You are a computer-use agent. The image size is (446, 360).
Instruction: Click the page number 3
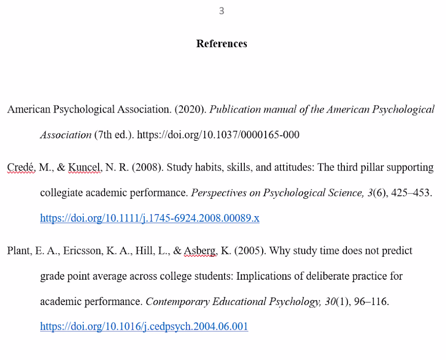(x=222, y=11)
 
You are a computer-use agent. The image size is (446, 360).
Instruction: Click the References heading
(x=222, y=44)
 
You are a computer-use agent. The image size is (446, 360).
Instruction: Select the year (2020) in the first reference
(x=190, y=110)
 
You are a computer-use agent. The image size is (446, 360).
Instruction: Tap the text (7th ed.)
(x=112, y=135)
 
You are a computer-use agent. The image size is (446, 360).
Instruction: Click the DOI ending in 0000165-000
(x=218, y=135)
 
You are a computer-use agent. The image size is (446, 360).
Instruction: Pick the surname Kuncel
(x=84, y=168)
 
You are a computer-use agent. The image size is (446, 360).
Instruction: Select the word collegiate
(x=62, y=193)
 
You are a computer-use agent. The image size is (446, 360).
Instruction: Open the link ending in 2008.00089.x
(x=150, y=218)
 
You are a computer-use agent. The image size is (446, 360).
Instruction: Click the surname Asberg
(x=200, y=251)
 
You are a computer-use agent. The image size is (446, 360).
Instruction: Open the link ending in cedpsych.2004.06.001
(x=144, y=327)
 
